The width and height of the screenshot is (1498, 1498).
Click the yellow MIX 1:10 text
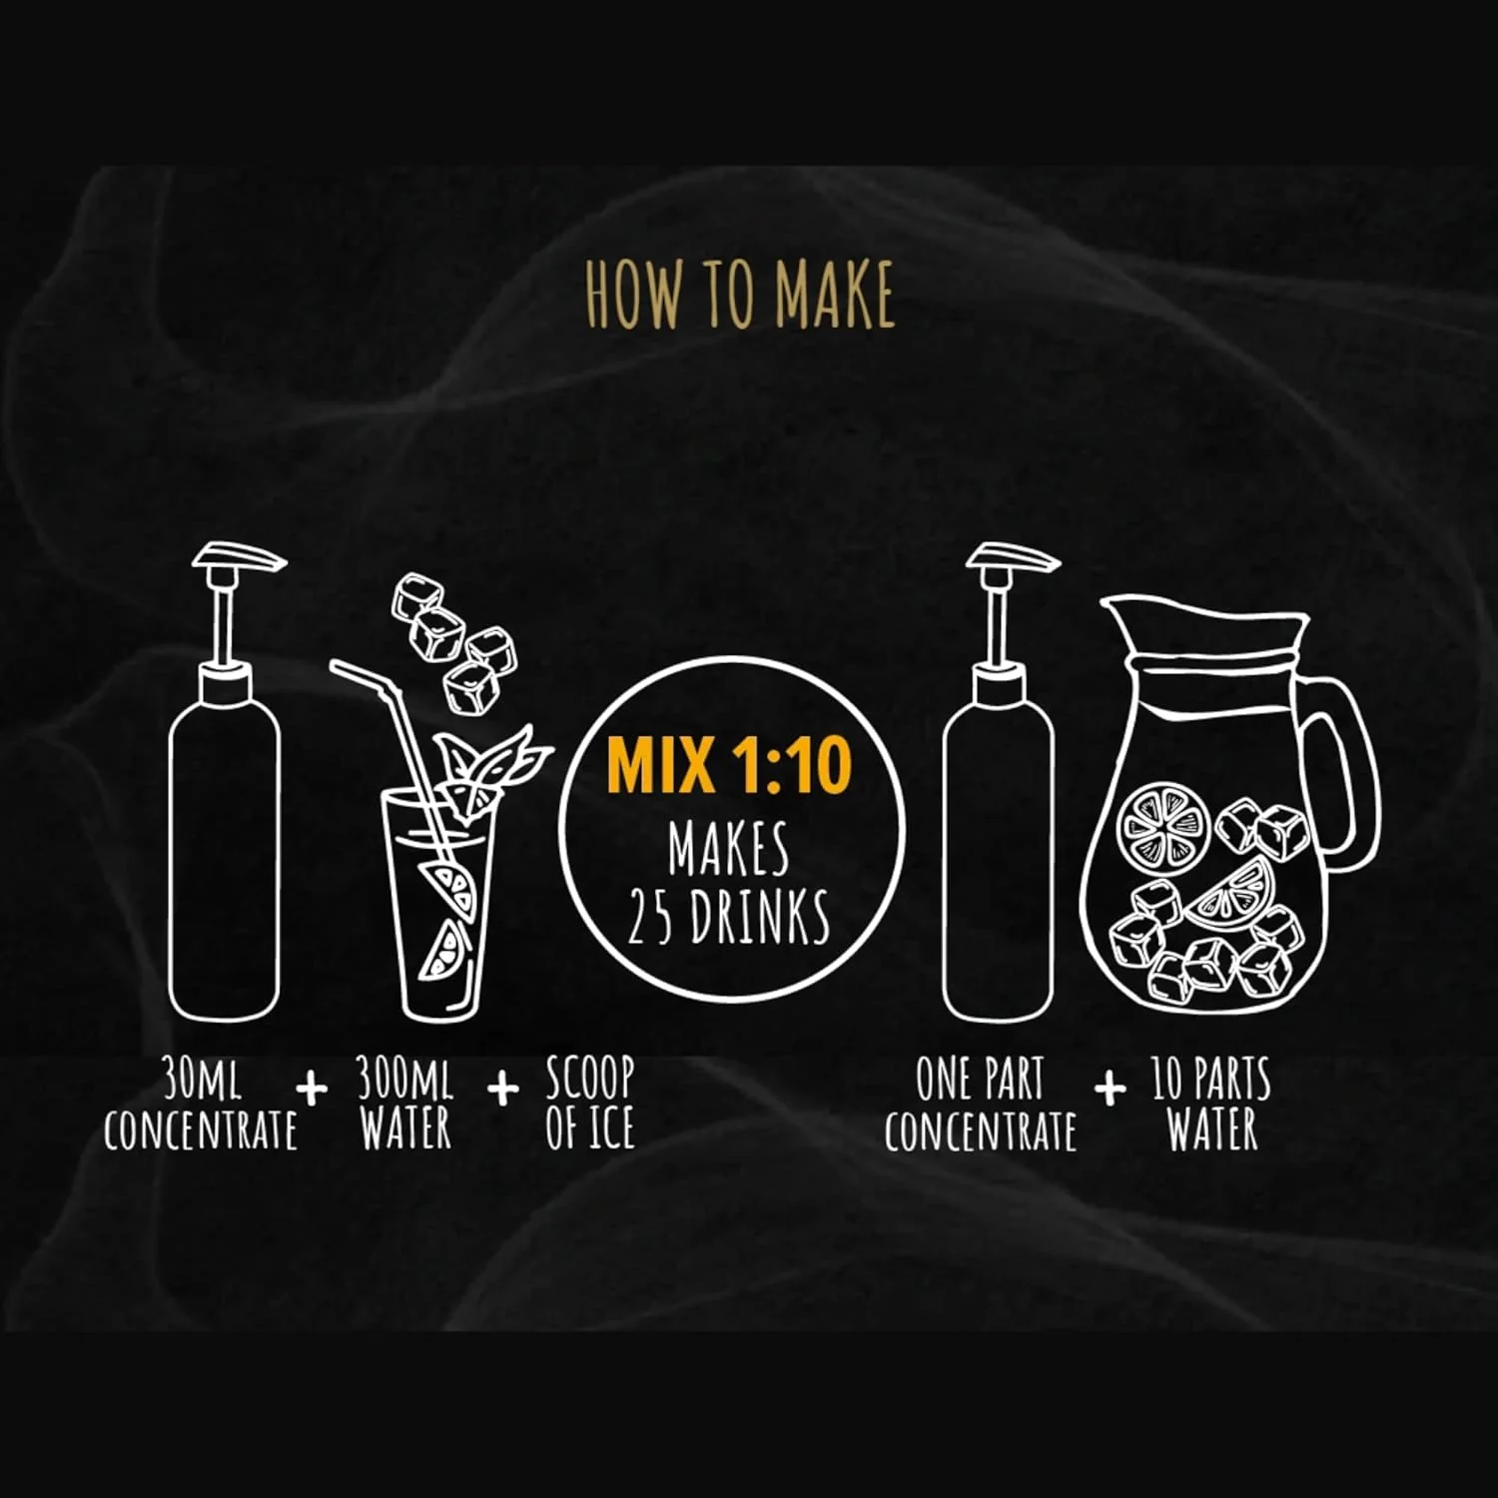[x=729, y=765]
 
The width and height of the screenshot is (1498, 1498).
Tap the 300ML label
[x=405, y=1080]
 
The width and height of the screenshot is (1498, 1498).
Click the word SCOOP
[x=590, y=1080]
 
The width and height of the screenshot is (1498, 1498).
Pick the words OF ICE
[x=590, y=1128]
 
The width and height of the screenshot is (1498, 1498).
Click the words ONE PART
[x=980, y=1080]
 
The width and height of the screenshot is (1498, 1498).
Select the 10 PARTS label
[x=1211, y=1080]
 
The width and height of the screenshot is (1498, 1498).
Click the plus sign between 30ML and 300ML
[x=313, y=1088]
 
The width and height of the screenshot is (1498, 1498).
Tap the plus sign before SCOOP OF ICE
[x=504, y=1088]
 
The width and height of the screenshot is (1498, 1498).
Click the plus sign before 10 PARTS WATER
[x=1110, y=1088]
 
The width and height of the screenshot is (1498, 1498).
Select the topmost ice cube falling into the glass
[x=416, y=597]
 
